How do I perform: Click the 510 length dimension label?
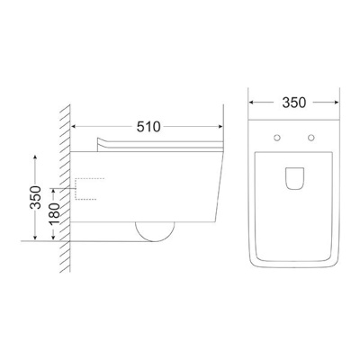(148, 127)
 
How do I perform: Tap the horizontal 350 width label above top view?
(294, 103)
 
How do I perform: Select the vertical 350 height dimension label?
(35, 197)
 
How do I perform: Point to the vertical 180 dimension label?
(54, 214)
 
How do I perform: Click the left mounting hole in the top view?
(277, 138)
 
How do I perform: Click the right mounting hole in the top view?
(311, 138)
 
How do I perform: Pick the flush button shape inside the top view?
(294, 178)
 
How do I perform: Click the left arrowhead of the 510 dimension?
(73, 127)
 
